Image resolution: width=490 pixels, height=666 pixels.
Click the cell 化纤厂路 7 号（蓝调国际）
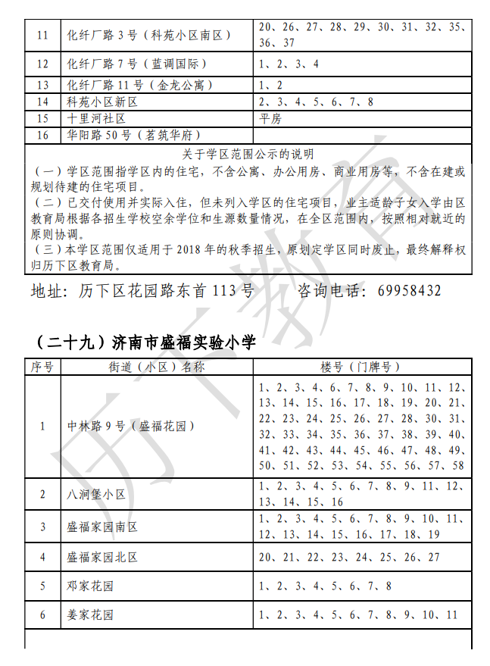136,64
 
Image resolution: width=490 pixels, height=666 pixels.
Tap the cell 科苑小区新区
101,102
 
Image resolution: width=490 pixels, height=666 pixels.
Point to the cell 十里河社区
96,118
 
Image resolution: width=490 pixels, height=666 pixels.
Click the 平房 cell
270,118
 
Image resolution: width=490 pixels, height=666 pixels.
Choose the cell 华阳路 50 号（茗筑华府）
133,135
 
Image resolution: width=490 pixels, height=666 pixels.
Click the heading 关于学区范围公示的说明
248,155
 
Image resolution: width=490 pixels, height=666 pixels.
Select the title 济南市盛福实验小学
183,342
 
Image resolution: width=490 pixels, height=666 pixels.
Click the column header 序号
42,367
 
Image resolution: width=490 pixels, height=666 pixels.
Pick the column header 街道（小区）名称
157,367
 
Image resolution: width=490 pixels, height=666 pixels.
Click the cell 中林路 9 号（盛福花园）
131,426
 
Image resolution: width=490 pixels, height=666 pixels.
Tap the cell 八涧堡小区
96,495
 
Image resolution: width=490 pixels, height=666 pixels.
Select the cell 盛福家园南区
102,527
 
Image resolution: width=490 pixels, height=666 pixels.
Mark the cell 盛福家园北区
102,557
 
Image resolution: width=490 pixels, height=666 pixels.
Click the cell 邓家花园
91,586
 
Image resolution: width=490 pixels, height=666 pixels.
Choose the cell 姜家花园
91,615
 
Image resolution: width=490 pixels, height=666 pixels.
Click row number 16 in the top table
42,135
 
